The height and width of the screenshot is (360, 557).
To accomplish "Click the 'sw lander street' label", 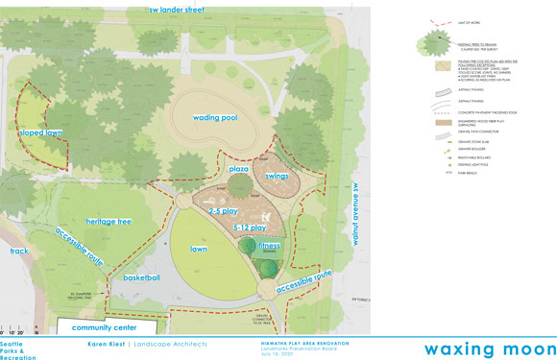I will [189, 11].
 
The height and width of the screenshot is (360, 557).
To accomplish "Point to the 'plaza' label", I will [239, 169].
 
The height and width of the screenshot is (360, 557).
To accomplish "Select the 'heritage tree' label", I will [109, 222].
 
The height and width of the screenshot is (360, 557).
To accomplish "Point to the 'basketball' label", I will [139, 278].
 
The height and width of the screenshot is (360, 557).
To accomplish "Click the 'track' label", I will [19, 252].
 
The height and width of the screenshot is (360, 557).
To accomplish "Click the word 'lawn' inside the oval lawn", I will [199, 249].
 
